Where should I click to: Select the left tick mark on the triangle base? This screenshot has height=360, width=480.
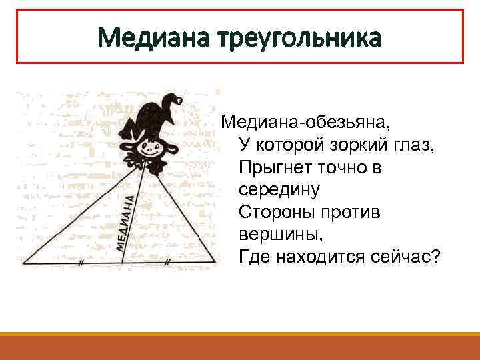80,263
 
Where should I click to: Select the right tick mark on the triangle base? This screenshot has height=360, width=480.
167,263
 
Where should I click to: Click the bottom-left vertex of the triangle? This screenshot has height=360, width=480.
25,263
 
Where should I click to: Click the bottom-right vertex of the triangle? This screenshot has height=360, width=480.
215,262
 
